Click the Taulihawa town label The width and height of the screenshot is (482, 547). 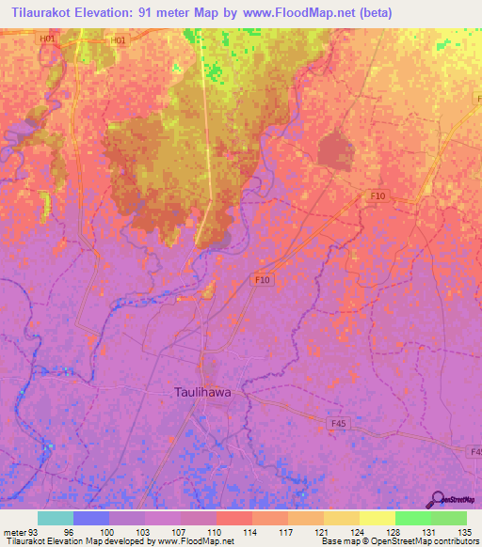click(x=208, y=393)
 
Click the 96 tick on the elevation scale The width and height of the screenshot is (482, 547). click(x=69, y=531)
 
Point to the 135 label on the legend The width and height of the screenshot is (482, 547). click(x=464, y=531)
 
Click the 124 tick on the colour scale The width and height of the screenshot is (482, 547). click(x=357, y=531)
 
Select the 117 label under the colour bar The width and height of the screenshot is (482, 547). click(x=285, y=531)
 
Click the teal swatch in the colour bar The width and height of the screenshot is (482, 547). click(x=56, y=518)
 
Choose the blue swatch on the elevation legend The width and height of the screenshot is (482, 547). click(x=91, y=518)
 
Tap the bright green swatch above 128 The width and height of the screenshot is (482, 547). click(x=412, y=518)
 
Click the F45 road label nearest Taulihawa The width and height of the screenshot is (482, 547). click(x=340, y=425)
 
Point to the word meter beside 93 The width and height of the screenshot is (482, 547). click(x=15, y=531)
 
